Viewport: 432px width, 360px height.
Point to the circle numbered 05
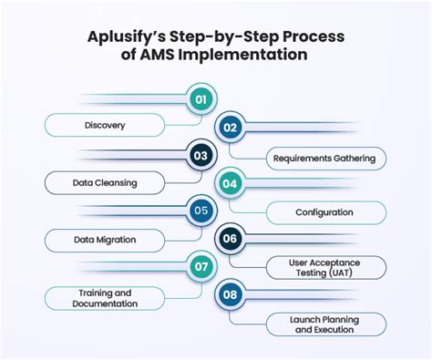201,211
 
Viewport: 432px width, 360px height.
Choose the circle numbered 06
230,240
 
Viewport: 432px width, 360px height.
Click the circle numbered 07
201,268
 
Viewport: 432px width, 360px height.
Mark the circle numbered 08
230,296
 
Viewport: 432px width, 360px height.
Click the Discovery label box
105,125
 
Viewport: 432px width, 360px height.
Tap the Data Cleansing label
105,182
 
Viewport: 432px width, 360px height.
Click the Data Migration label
105,240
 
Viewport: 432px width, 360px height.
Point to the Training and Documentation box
105,297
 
